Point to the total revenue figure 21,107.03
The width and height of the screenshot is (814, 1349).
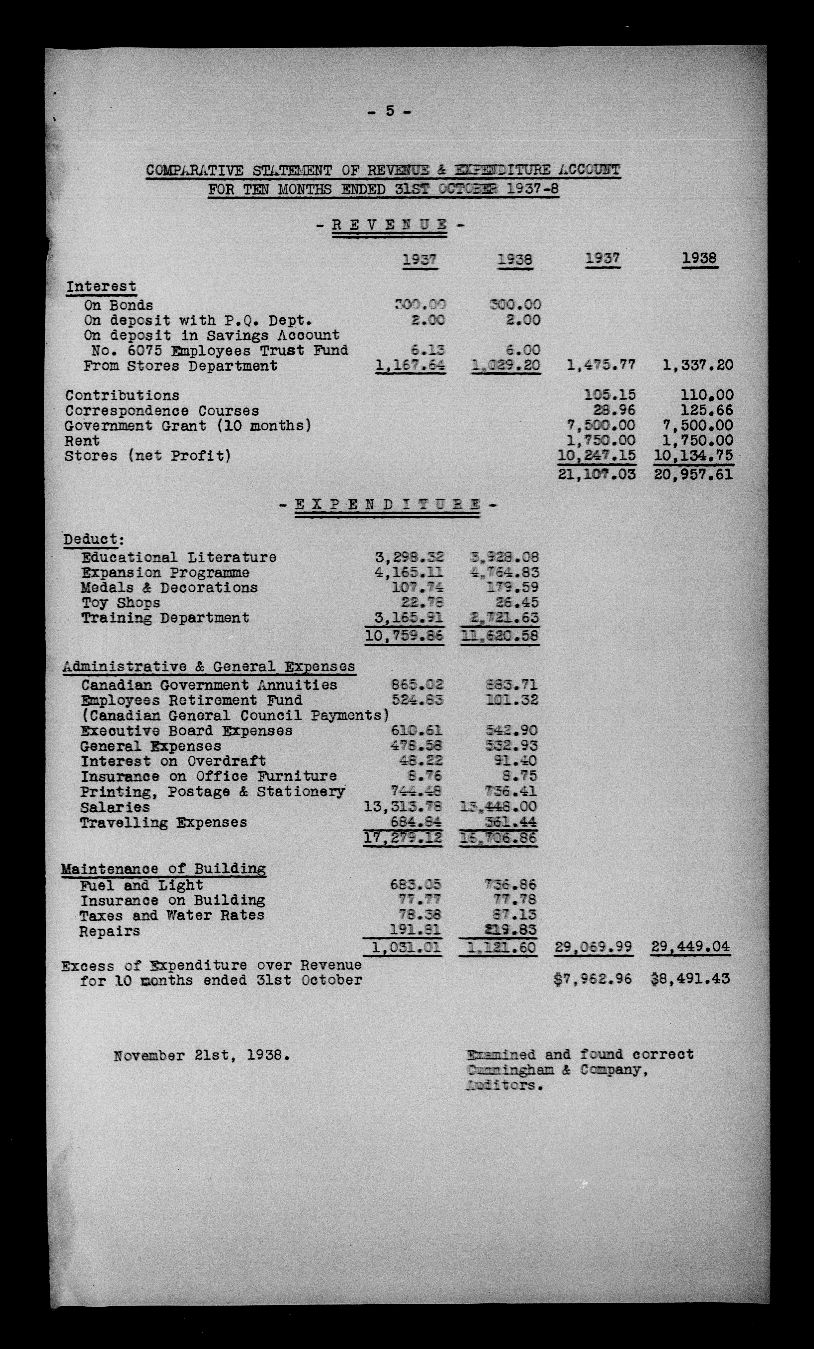point(597,474)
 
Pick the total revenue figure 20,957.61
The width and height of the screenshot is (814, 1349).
point(693,474)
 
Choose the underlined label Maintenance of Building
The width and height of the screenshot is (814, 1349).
point(164,869)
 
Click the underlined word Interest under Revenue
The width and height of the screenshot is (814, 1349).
point(101,286)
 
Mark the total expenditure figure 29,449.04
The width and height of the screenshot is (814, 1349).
point(690,947)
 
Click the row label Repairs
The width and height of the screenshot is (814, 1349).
point(110,931)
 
